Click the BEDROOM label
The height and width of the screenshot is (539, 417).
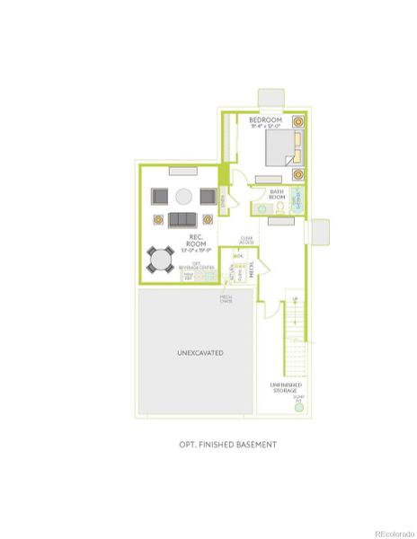click(x=265, y=121)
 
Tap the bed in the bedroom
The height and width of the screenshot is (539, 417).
click(x=286, y=146)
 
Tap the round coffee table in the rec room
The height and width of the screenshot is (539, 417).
click(x=182, y=197)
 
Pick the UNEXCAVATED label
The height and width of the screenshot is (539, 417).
click(x=195, y=353)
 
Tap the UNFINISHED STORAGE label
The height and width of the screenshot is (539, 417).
click(x=285, y=388)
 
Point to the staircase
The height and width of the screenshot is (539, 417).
click(x=294, y=337)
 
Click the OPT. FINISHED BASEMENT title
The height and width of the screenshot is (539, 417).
click(x=226, y=444)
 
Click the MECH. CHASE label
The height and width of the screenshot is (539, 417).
click(x=226, y=299)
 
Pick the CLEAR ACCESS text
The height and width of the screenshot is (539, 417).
click(x=246, y=240)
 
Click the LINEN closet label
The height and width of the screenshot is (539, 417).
click(x=221, y=209)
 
